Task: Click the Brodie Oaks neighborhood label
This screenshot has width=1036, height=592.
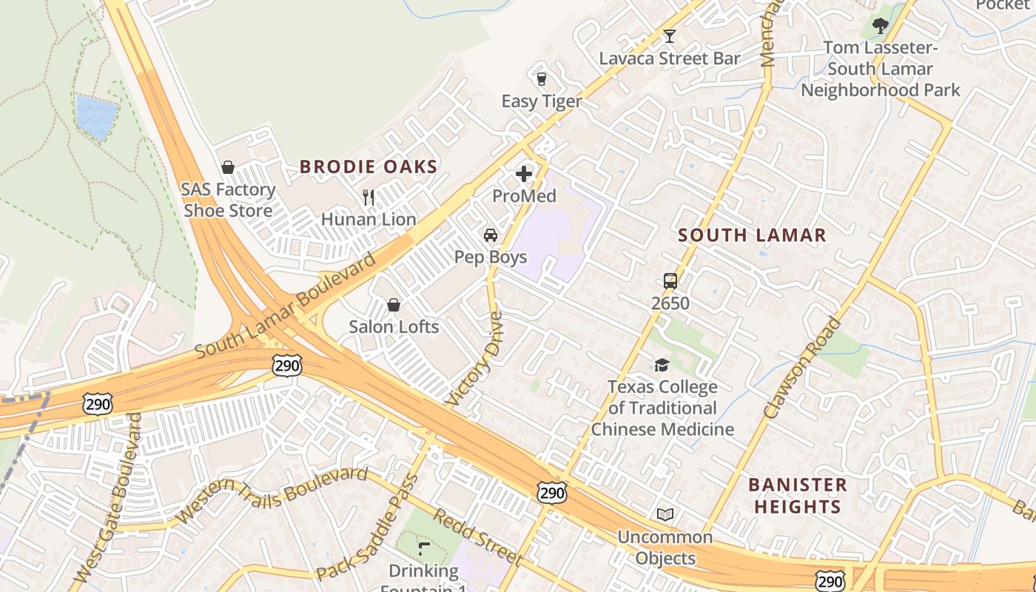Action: click(x=369, y=166)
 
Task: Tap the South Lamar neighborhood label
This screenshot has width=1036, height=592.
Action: click(x=752, y=235)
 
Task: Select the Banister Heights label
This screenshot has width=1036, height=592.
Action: click(x=797, y=496)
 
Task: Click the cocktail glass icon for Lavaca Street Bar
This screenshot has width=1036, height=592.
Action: click(x=670, y=36)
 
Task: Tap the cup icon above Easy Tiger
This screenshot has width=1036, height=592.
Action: click(x=541, y=78)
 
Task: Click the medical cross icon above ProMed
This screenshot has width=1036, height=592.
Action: click(x=524, y=174)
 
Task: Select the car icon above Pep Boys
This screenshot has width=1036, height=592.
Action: click(x=490, y=235)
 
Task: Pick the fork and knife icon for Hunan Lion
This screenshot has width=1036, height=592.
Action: click(x=369, y=198)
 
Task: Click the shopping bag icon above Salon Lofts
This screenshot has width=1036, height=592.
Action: click(x=394, y=305)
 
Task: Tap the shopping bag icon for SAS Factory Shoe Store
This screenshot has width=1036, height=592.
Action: click(x=229, y=168)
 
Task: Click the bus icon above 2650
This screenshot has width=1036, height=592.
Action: click(x=670, y=281)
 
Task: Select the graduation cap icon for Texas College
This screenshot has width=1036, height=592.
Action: click(x=662, y=365)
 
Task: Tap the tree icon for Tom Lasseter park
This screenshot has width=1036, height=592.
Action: click(x=880, y=26)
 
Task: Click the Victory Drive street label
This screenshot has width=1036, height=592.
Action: click(x=476, y=358)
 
